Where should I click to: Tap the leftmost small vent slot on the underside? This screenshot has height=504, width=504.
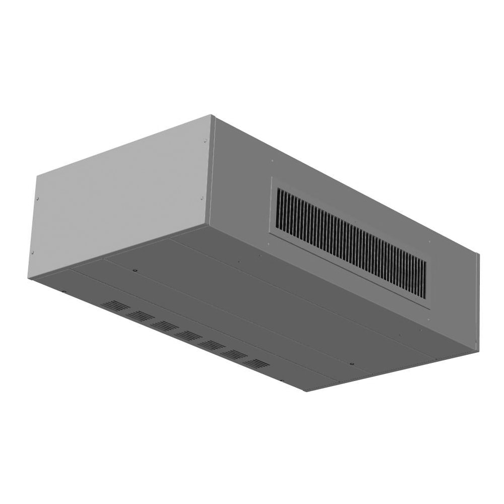115,305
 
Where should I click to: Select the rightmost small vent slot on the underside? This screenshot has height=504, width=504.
255,363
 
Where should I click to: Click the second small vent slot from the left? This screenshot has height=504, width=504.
140,316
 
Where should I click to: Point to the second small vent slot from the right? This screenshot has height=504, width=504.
232,354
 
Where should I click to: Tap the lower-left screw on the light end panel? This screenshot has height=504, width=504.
32,251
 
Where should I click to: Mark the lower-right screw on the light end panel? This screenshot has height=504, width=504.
202,198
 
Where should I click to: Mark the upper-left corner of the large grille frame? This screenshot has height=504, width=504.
272,177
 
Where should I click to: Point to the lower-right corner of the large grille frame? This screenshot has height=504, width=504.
429,308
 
